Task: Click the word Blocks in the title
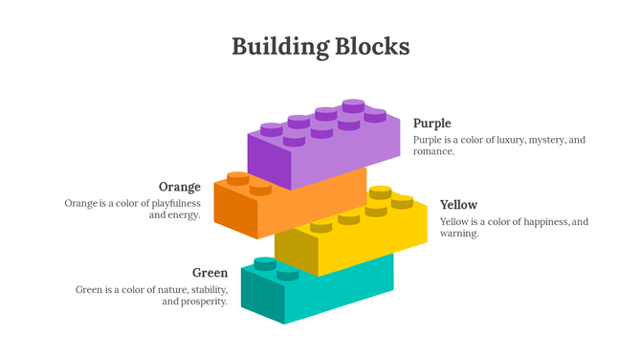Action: click(x=372, y=45)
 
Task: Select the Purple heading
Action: click(x=431, y=123)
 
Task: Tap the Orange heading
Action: click(x=180, y=186)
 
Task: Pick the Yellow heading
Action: click(x=458, y=205)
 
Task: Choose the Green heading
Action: click(x=210, y=273)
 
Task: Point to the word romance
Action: click(x=433, y=151)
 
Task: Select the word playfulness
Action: click(x=171, y=203)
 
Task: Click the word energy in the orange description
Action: click(x=183, y=214)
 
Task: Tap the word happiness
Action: click(x=542, y=222)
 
